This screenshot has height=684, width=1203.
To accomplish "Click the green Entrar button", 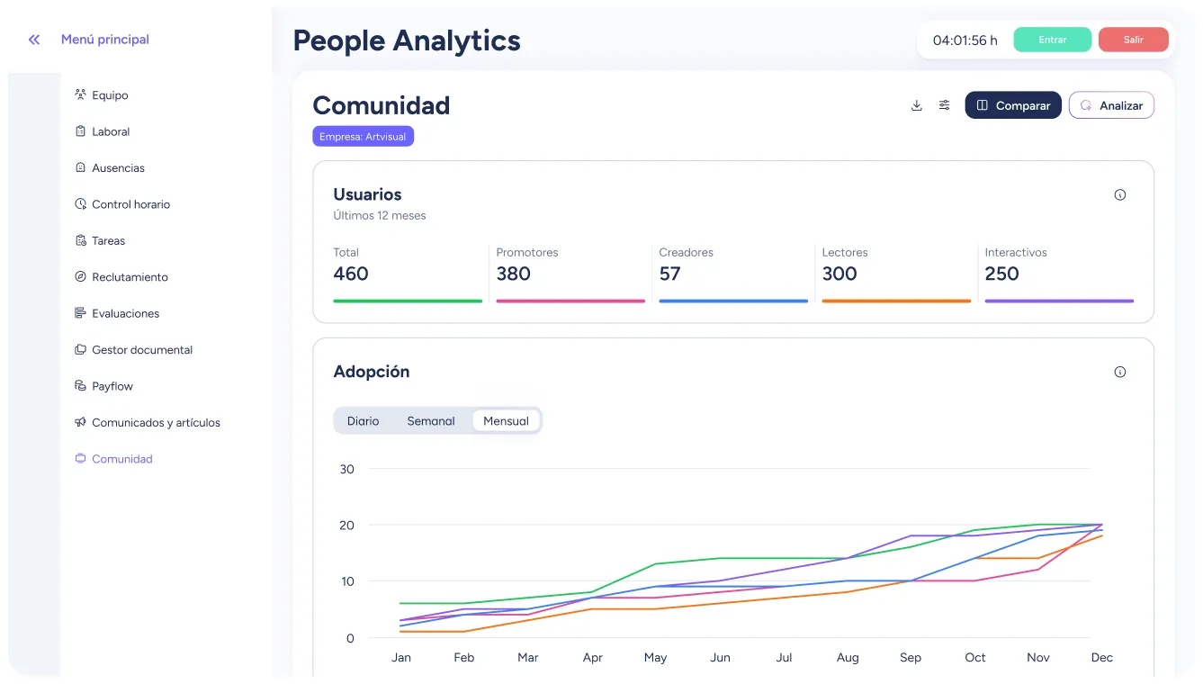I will pos(1052,40).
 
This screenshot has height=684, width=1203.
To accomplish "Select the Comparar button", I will pos(1013,105).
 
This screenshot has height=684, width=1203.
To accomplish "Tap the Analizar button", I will pos(1111,105).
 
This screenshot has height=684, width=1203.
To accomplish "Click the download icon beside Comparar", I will pos(917,105).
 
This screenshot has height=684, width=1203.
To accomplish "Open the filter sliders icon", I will pos(944,105).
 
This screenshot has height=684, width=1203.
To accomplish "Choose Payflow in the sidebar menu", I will pos(112,386).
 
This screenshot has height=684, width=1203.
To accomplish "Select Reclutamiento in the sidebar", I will pos(130,277).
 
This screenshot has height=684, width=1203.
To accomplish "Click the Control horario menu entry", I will pos(130,204).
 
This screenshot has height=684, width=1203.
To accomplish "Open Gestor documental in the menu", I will pos(141,350).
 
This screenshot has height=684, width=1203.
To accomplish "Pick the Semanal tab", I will pos(431,421).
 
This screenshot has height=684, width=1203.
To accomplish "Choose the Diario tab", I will pos(364,421).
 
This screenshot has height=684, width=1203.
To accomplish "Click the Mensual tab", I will pos(506,421).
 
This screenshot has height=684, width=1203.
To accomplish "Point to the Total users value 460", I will pos(351,274).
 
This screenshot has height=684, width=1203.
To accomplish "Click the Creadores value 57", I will pos(669,274).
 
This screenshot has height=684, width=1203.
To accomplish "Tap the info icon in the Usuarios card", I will pos(1120,194).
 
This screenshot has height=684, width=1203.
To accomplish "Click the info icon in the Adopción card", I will pos(1120,372).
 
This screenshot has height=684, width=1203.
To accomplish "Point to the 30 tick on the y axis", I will pos(347,469).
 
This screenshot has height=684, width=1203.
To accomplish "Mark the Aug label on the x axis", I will pos(848,658).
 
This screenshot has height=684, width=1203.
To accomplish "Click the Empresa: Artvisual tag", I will pos(363,137).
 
